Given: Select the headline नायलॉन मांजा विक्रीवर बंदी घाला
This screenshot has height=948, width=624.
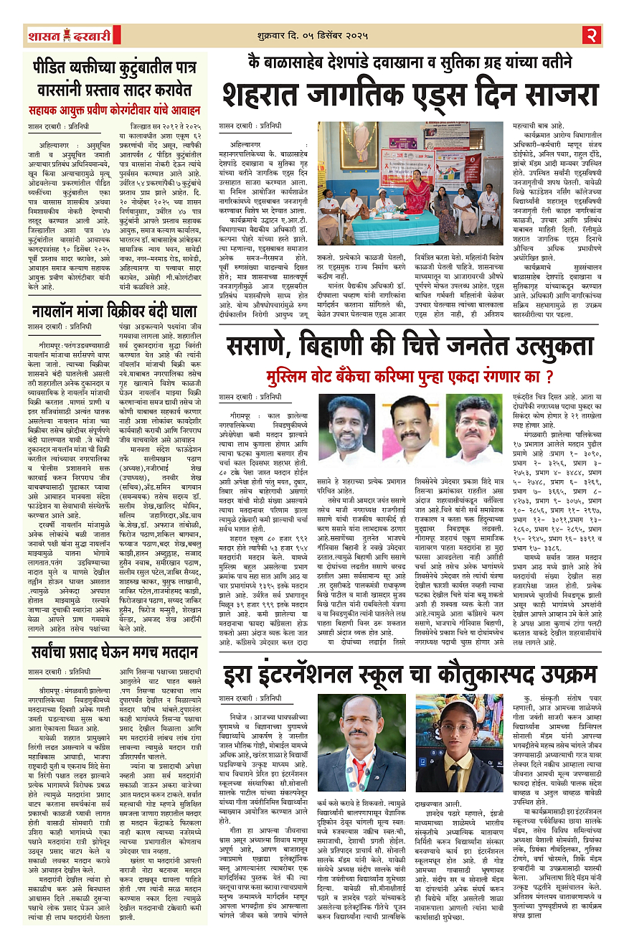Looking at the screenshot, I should point(114,311).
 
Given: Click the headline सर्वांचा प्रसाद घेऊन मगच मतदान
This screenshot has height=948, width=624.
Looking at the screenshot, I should point(113,653).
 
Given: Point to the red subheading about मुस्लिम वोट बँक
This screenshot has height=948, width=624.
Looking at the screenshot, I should point(409,375).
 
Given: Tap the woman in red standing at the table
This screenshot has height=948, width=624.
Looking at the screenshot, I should point(415,192).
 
